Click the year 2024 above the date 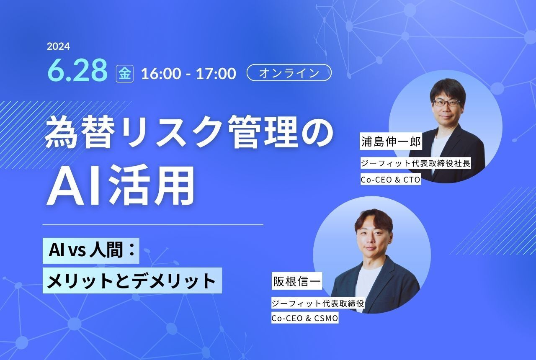58,46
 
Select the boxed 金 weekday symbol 124,74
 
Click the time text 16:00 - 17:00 188,74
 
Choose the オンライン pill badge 289,73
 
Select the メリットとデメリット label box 132,280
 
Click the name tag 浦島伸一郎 390,141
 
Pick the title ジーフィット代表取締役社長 415,163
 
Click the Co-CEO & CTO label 390,180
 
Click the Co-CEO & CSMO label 304,318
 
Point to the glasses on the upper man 446,102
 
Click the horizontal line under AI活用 153,225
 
